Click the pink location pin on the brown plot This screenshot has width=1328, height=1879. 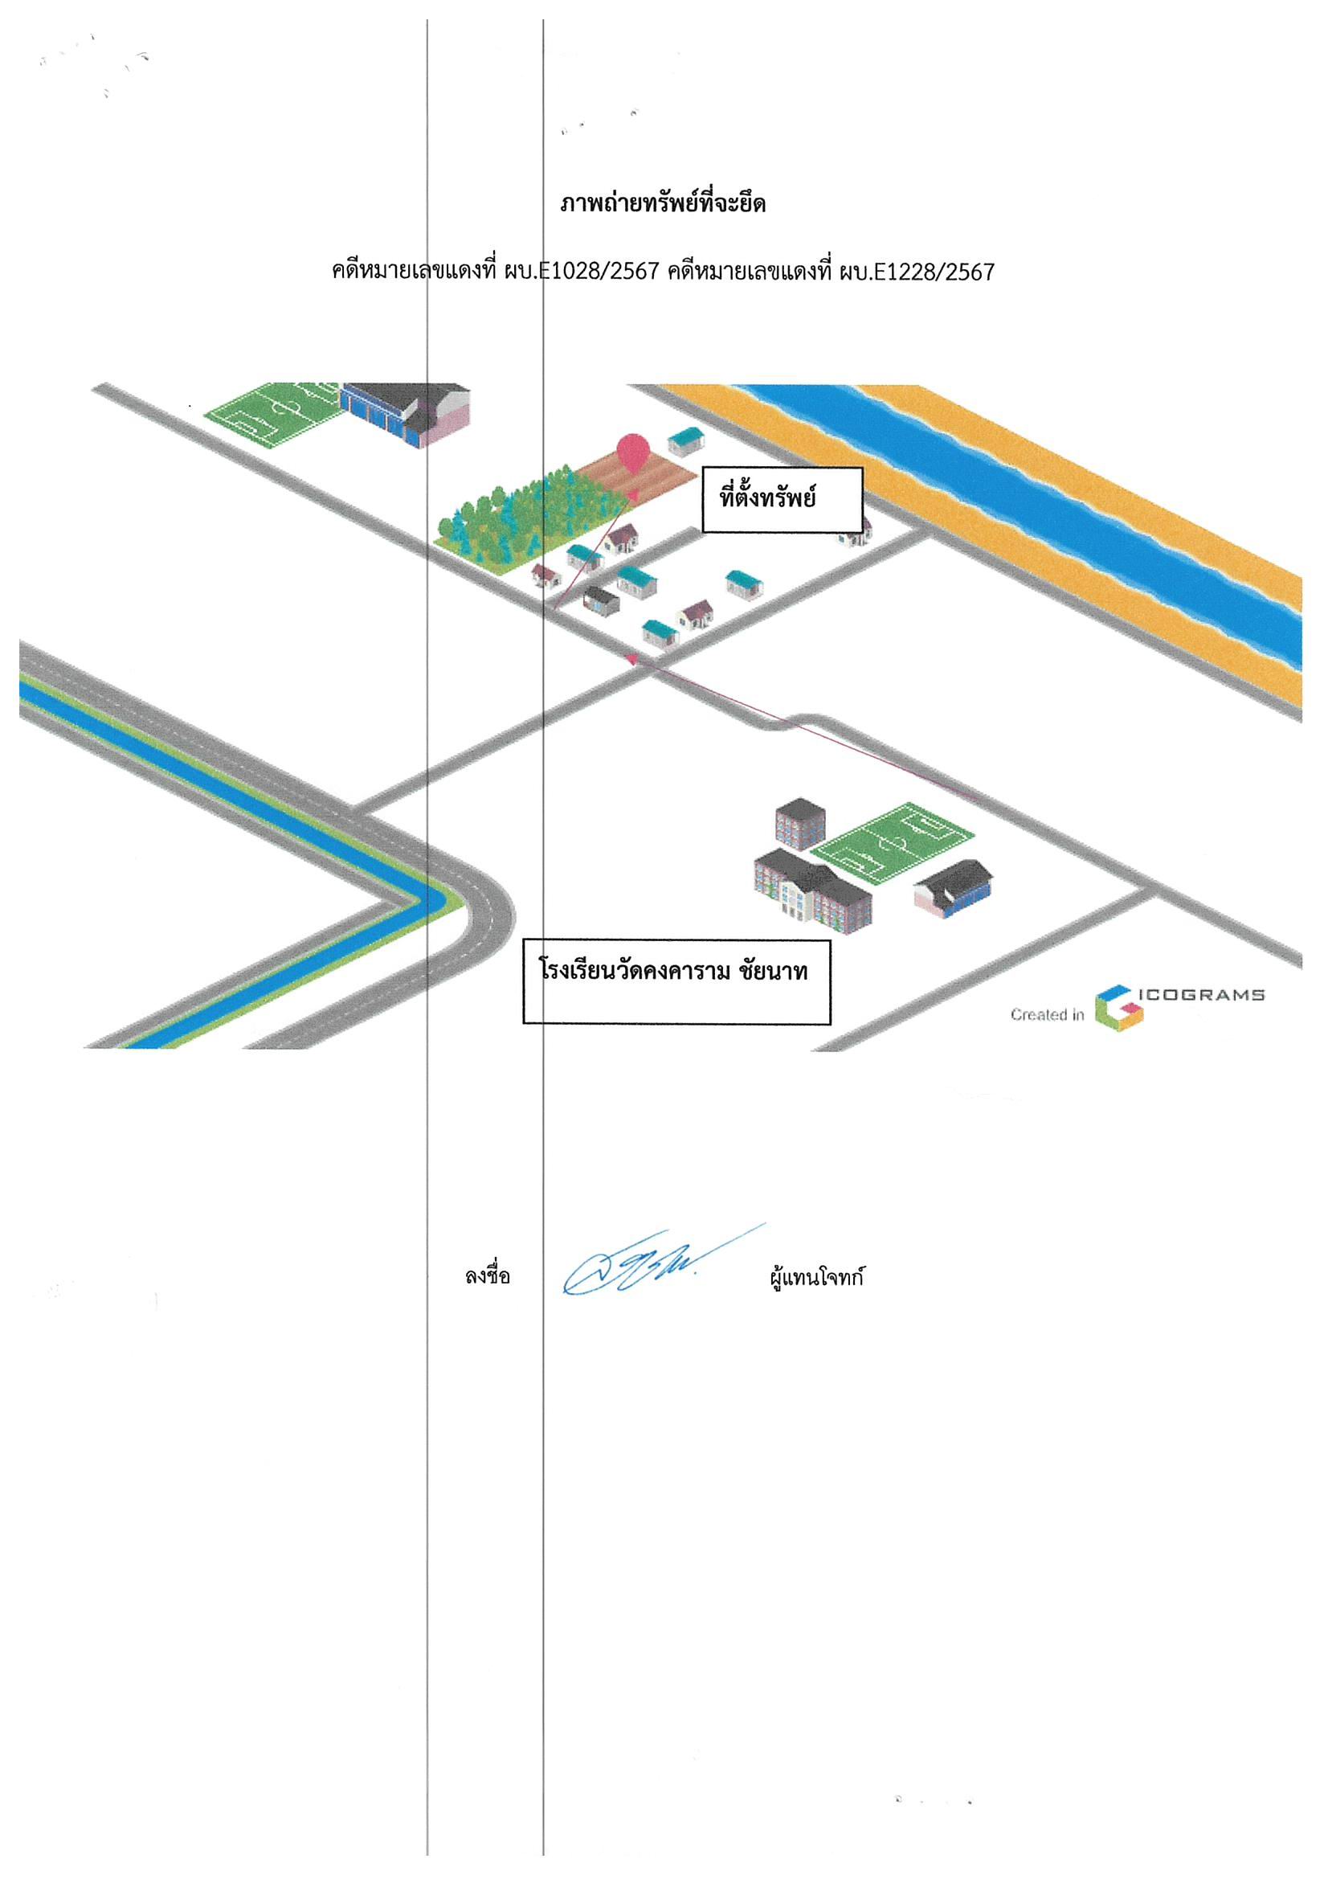pyautogui.click(x=632, y=452)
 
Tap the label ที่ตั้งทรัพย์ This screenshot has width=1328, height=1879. pyautogui.click(x=766, y=497)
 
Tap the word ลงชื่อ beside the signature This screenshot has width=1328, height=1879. pyautogui.click(x=488, y=1276)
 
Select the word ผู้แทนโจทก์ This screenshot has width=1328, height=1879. pyautogui.click(x=816, y=1277)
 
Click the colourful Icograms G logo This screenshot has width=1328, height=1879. pyautogui.click(x=1119, y=1008)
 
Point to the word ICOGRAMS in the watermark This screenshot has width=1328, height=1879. pyautogui.click(x=1202, y=995)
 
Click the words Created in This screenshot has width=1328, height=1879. pyautogui.click(x=1048, y=1015)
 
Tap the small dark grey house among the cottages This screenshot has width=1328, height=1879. pyautogui.click(x=602, y=601)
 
